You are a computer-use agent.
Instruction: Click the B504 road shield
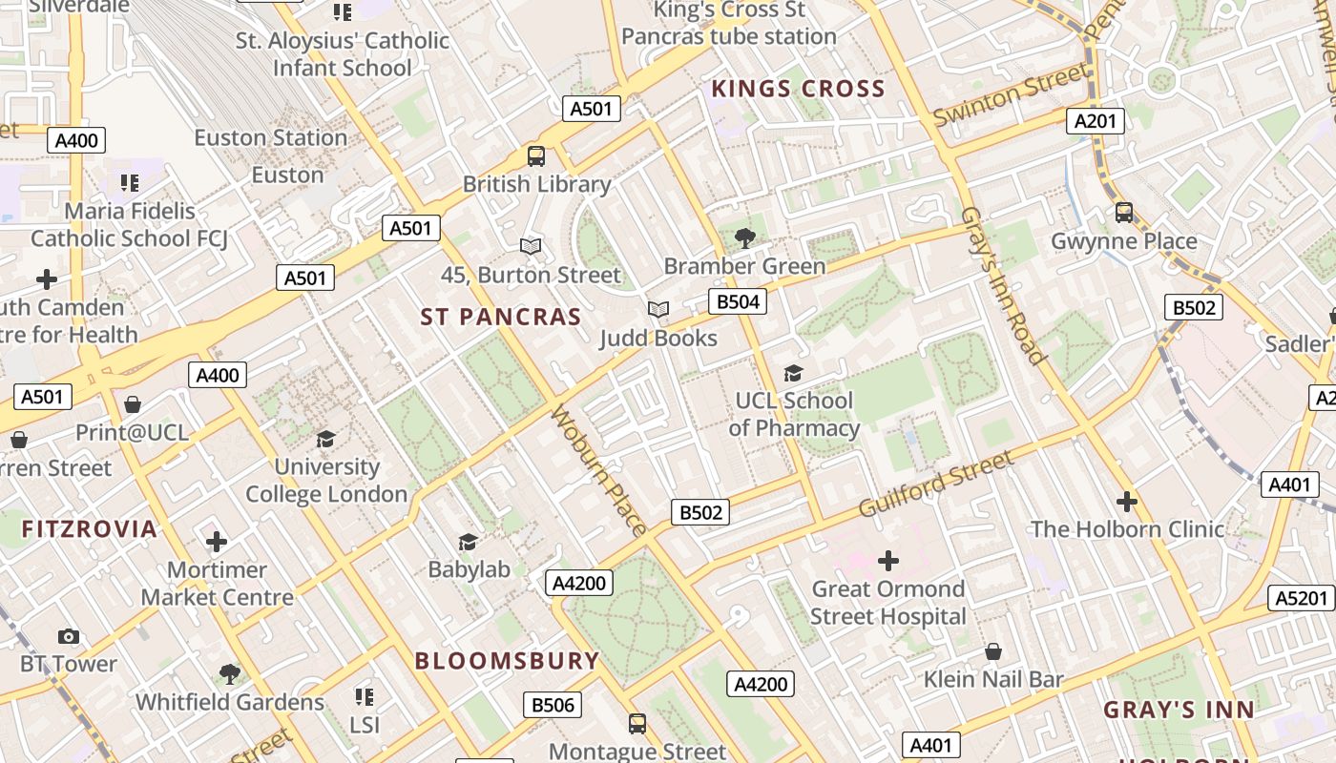click(x=738, y=302)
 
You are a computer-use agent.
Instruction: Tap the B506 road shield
click(x=553, y=705)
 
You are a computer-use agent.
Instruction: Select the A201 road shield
click(x=1095, y=121)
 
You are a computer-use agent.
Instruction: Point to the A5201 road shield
click(x=1302, y=598)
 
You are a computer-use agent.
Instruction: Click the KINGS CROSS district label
click(x=799, y=90)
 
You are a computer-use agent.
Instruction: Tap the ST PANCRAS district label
click(x=501, y=318)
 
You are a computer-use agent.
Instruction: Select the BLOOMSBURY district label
click(x=507, y=661)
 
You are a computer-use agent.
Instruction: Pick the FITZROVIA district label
click(x=90, y=529)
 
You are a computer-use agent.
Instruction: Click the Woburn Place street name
click(x=599, y=470)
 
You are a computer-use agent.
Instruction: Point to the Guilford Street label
click(x=936, y=485)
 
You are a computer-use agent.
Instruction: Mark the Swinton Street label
click(x=1011, y=94)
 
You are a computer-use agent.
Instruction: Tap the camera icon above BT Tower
click(x=69, y=636)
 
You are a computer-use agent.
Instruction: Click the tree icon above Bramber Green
click(x=745, y=238)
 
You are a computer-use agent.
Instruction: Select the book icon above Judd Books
click(x=658, y=309)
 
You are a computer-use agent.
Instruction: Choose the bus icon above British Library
click(x=536, y=155)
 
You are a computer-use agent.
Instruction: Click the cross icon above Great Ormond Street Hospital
click(x=888, y=560)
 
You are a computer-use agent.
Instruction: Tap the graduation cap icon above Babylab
click(x=468, y=542)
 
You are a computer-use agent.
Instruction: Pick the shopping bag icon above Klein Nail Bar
click(x=993, y=651)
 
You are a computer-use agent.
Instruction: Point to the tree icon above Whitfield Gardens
click(x=229, y=674)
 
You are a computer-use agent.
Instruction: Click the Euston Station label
click(x=271, y=138)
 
